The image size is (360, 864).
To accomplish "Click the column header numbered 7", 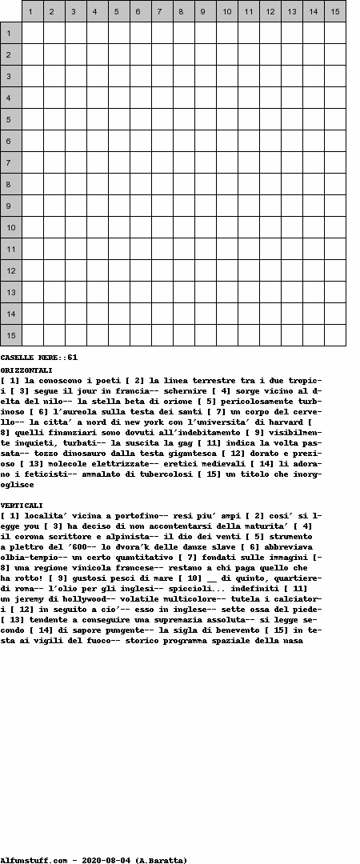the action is [162, 11].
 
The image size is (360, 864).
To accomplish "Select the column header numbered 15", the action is [334, 11].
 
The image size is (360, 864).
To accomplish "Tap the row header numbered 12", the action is [11, 270].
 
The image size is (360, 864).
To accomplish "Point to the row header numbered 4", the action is [11, 98].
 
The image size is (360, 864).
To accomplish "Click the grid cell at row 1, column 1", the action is [32, 33].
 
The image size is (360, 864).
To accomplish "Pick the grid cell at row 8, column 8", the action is [183, 184].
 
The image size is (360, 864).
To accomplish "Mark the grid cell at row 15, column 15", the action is [334, 335].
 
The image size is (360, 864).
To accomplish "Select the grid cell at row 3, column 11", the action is [248, 76].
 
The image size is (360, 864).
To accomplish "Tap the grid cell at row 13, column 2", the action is [54, 292].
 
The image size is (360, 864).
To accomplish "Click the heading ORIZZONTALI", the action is [26, 370].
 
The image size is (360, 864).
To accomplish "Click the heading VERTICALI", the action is [22, 506].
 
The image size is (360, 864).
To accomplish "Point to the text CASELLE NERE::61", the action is [38, 358].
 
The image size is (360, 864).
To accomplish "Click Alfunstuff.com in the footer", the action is [34, 860].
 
